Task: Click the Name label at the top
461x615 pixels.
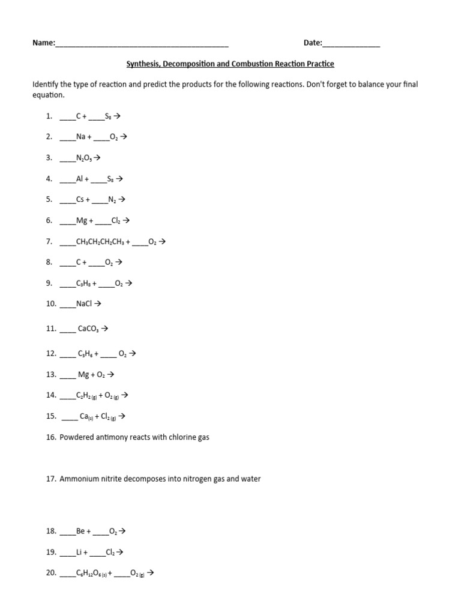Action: pos(43,43)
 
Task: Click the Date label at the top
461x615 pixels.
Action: pos(313,43)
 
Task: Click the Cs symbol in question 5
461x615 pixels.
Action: pos(80,199)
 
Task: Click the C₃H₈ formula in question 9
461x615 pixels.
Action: pos(83,283)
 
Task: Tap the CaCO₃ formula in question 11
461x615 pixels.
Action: pos(89,329)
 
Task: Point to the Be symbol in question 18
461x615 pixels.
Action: pos(81,531)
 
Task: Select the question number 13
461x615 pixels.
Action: pos(51,375)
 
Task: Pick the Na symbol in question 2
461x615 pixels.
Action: pos(81,137)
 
